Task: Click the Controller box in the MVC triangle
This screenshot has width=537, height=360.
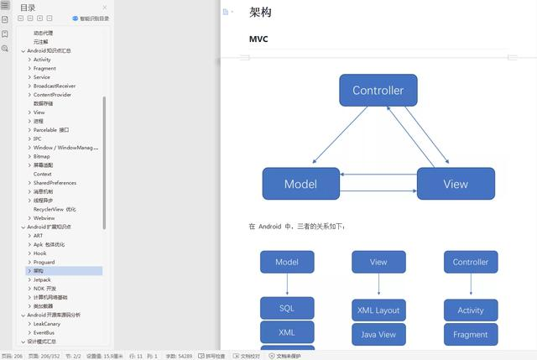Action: (x=378, y=91)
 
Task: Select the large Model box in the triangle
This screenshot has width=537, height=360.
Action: (x=300, y=184)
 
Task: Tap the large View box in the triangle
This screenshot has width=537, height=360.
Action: (x=456, y=184)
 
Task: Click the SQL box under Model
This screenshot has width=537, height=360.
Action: (x=287, y=308)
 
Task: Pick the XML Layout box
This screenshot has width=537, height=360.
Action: (x=378, y=310)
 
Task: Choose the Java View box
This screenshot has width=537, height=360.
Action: (x=378, y=335)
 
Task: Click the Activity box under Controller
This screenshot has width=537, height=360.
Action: (x=470, y=310)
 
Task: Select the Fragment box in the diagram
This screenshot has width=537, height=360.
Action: (x=470, y=335)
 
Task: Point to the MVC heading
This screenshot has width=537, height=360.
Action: (x=258, y=39)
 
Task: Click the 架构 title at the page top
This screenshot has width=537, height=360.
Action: (x=260, y=13)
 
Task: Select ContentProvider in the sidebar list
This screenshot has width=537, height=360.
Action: (x=52, y=95)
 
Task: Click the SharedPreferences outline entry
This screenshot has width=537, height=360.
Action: (x=55, y=183)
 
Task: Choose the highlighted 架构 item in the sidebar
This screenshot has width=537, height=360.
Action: (x=39, y=271)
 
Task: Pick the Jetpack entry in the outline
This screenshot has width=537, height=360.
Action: (x=42, y=279)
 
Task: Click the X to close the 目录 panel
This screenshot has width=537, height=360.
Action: (x=105, y=8)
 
